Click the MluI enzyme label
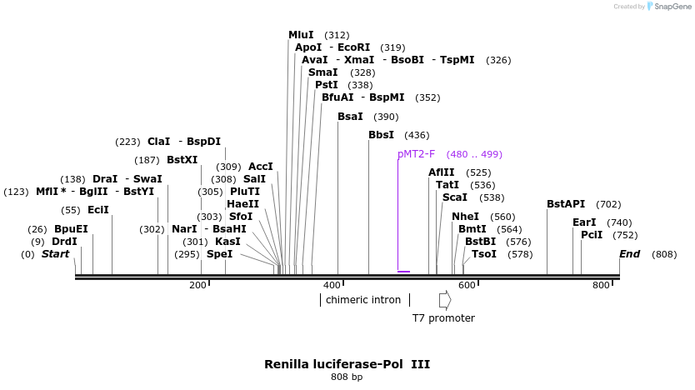coord(301,35)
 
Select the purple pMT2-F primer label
coord(417,154)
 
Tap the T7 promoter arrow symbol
coord(445,299)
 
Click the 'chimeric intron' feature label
coord(362,299)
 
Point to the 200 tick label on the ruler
coord(197,286)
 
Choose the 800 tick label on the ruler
coord(601,286)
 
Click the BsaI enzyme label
coord(350,117)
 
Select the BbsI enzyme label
coord(381,135)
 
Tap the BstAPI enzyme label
coord(566,204)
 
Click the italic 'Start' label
coord(56,254)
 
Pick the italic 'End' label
coord(629,254)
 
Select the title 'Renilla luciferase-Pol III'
coord(347,364)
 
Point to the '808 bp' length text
coord(347,377)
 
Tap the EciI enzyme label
coord(97,210)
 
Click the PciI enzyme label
coord(592,235)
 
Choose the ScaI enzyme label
coord(455,197)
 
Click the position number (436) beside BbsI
coord(417,135)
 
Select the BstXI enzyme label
coord(182,160)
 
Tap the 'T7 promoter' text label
coord(443,318)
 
